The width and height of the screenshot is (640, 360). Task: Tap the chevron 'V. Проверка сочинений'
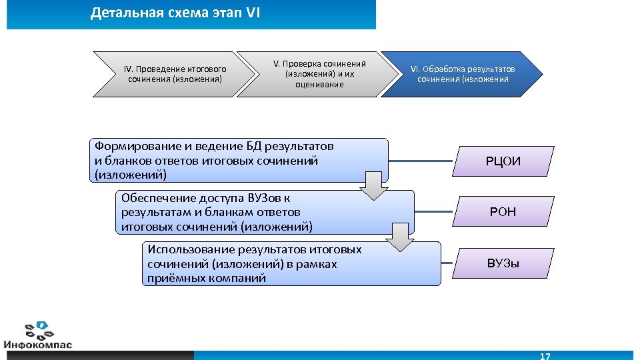[x=319, y=74]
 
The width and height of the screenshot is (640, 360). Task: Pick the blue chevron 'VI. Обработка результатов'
[x=463, y=74]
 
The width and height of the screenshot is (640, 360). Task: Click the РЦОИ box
[x=503, y=161]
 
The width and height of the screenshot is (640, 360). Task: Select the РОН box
[x=503, y=212]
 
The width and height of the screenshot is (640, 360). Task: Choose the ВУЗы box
[x=503, y=263]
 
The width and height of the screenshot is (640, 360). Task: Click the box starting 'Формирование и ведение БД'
[x=227, y=161]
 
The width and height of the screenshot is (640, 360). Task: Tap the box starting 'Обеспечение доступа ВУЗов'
[x=253, y=212]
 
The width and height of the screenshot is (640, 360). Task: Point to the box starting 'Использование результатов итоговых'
[x=280, y=263]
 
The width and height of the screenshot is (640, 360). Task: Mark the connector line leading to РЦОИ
[x=421, y=161]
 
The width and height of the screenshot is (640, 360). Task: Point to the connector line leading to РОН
[x=434, y=212]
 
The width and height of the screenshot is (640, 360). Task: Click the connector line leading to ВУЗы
[x=447, y=263]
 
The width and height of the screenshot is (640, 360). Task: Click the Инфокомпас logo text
[x=38, y=345]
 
